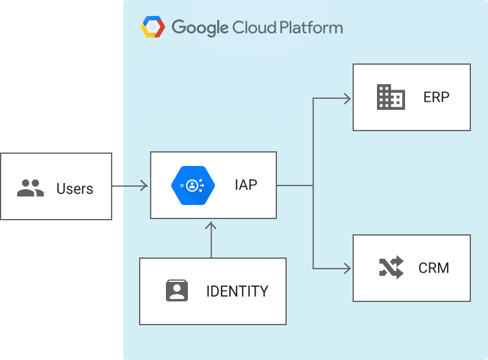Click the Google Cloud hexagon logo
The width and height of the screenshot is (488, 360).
click(153, 27)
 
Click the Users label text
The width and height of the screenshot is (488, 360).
click(74, 189)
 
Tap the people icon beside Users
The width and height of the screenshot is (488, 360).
click(30, 188)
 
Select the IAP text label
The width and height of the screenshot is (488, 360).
click(246, 184)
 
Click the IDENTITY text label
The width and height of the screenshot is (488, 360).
click(237, 291)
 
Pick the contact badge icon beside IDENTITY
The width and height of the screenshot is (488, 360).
click(177, 290)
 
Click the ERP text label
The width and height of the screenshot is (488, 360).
click(436, 97)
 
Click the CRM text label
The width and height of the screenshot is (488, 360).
click(434, 268)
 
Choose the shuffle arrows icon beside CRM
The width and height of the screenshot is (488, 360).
click(391, 267)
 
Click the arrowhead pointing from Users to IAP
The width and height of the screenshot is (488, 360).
click(144, 185)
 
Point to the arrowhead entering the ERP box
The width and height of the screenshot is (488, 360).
click(348, 98)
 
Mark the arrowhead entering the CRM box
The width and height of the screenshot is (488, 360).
click(348, 268)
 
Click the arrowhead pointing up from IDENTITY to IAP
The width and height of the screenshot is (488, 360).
click(211, 226)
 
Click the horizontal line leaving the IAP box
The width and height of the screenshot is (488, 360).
click(294, 185)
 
